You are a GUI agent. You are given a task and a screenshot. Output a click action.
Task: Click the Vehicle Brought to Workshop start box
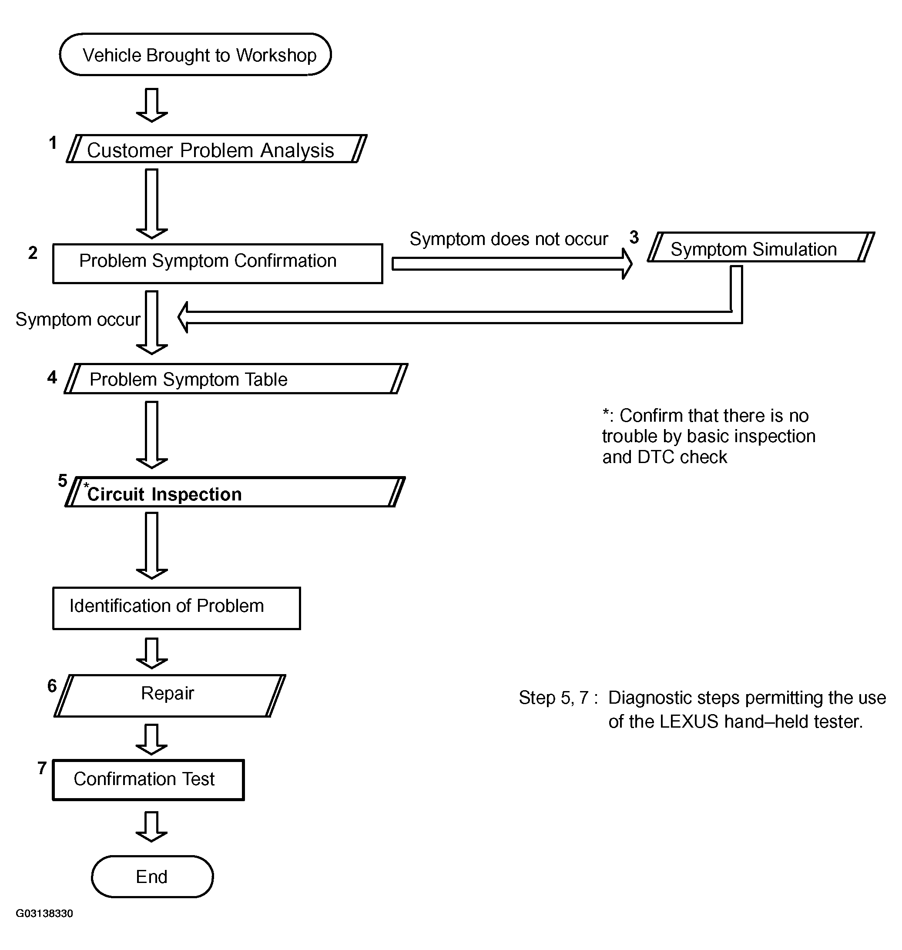195,54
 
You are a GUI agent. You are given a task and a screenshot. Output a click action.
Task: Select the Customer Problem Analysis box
216,149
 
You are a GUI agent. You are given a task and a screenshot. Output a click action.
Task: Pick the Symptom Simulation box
761,247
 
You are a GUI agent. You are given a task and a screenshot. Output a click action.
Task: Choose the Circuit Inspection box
235,492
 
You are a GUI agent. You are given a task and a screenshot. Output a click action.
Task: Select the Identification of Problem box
177,608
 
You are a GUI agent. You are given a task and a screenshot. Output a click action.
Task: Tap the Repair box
170,696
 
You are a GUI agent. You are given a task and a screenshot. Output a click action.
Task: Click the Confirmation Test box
148,780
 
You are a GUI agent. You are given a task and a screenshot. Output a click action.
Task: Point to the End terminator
152,876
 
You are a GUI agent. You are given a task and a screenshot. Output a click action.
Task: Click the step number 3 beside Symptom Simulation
634,237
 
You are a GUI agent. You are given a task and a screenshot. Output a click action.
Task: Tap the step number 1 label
53,143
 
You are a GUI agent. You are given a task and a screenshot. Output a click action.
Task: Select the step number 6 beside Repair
52,685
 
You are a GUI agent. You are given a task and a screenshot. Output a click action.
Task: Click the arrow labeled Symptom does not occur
512,263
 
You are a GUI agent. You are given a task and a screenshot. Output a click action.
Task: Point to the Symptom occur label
78,320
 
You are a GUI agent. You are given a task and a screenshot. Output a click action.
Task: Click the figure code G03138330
44,913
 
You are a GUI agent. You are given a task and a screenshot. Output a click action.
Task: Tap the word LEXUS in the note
688,722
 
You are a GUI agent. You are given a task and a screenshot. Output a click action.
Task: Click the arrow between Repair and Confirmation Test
151,739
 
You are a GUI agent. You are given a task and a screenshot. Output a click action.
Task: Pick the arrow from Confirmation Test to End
151,827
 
